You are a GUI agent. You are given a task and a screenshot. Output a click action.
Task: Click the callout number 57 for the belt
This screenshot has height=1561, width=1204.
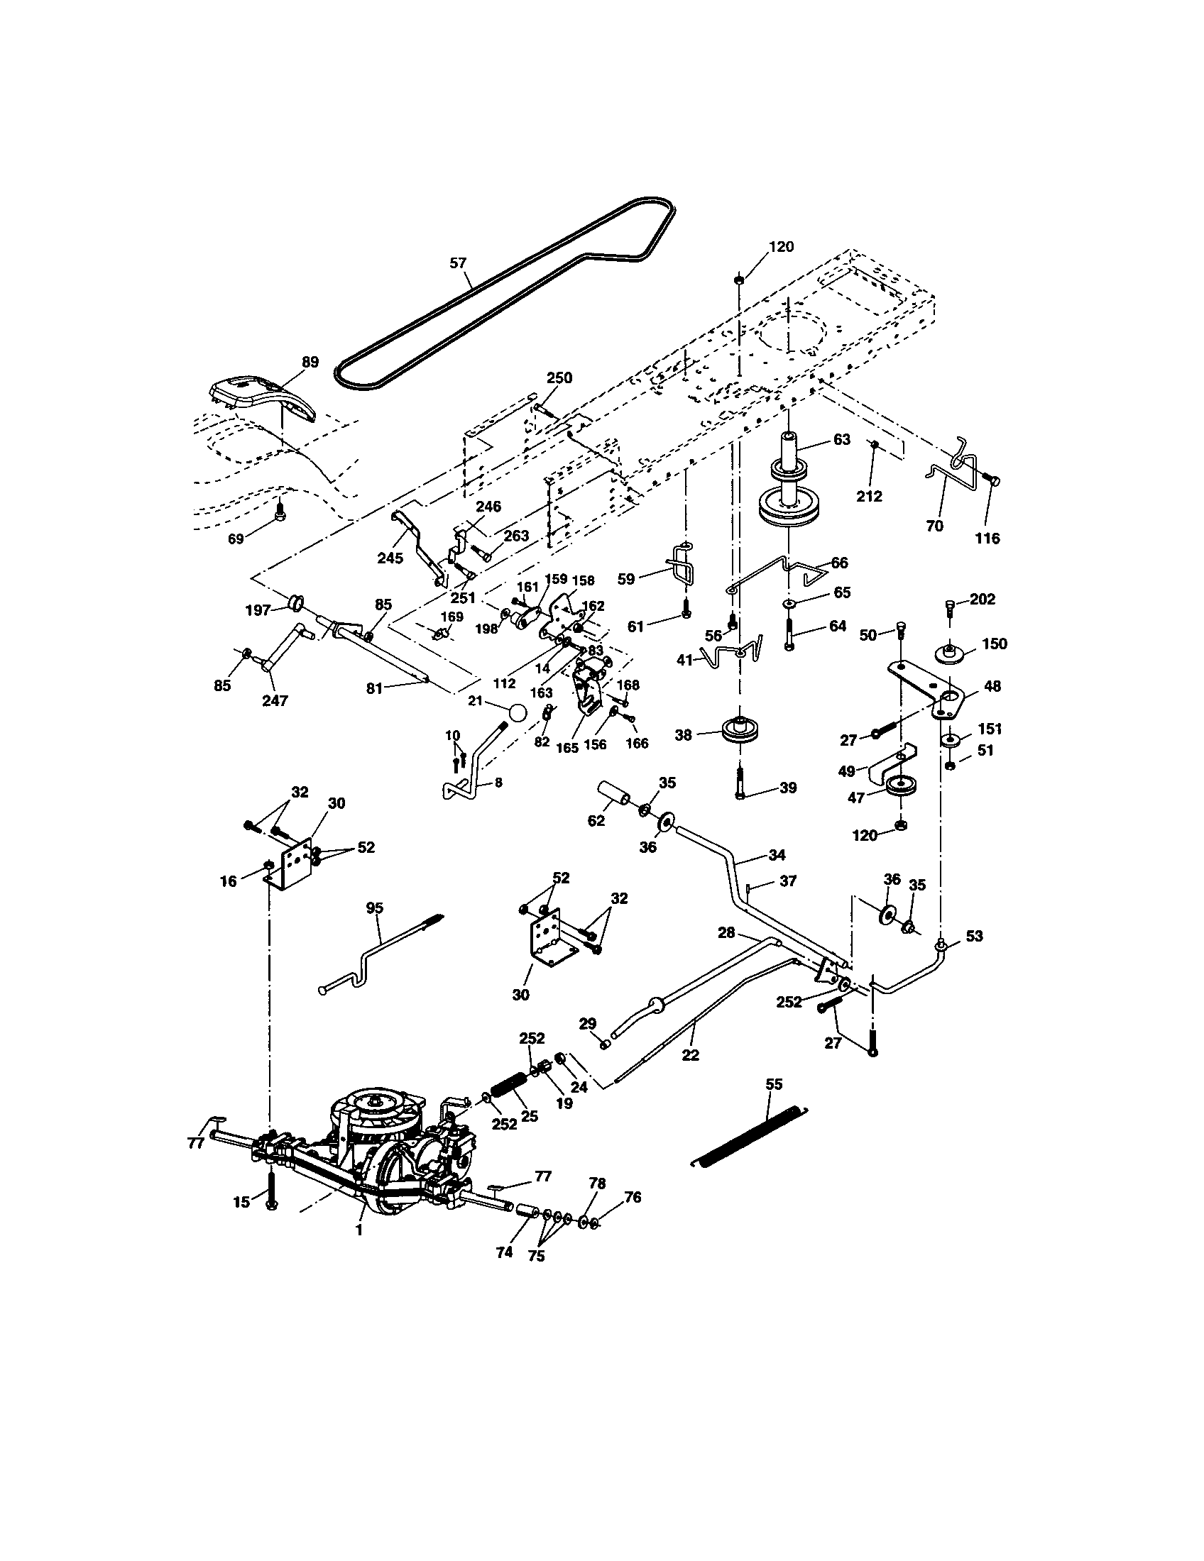point(458,263)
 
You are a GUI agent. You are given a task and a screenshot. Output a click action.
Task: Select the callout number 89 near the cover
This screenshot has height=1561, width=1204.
point(310,362)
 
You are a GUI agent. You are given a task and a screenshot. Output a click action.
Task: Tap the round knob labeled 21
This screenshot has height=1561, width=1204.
point(518,712)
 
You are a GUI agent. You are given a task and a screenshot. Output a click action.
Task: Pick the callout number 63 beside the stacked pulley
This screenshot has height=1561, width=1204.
point(841,438)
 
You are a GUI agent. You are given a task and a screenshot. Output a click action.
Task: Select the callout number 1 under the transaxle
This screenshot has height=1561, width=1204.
point(359,1230)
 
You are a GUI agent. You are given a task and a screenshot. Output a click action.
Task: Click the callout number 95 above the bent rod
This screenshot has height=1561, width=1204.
point(375,908)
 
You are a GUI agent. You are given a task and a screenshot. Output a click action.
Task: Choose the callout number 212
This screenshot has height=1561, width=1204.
point(870,496)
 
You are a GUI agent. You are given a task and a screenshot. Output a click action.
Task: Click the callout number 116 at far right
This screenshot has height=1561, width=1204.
point(987,539)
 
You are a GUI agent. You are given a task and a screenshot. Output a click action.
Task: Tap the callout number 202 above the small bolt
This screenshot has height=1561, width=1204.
point(982,599)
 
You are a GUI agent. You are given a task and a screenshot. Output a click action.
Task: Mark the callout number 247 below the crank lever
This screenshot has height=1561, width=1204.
point(275,700)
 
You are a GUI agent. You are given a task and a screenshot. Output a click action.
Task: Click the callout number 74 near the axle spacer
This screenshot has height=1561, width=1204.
point(504,1252)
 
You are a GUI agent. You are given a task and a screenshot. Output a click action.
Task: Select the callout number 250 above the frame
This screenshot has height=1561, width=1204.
point(559,377)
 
